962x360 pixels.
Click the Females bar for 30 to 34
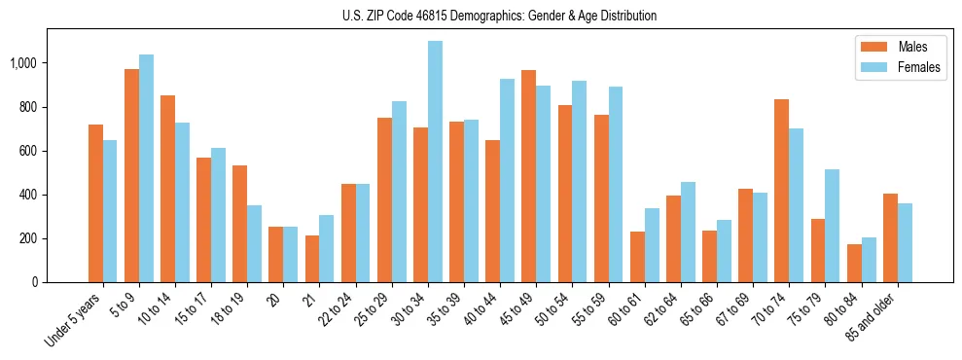(435, 162)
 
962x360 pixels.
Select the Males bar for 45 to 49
(528, 176)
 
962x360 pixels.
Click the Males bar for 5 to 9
(131, 176)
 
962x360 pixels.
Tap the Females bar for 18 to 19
(255, 243)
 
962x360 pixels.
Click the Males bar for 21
(312, 259)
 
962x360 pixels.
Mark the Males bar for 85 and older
(890, 238)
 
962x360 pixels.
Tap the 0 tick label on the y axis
(36, 282)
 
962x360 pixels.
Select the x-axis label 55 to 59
(589, 306)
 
